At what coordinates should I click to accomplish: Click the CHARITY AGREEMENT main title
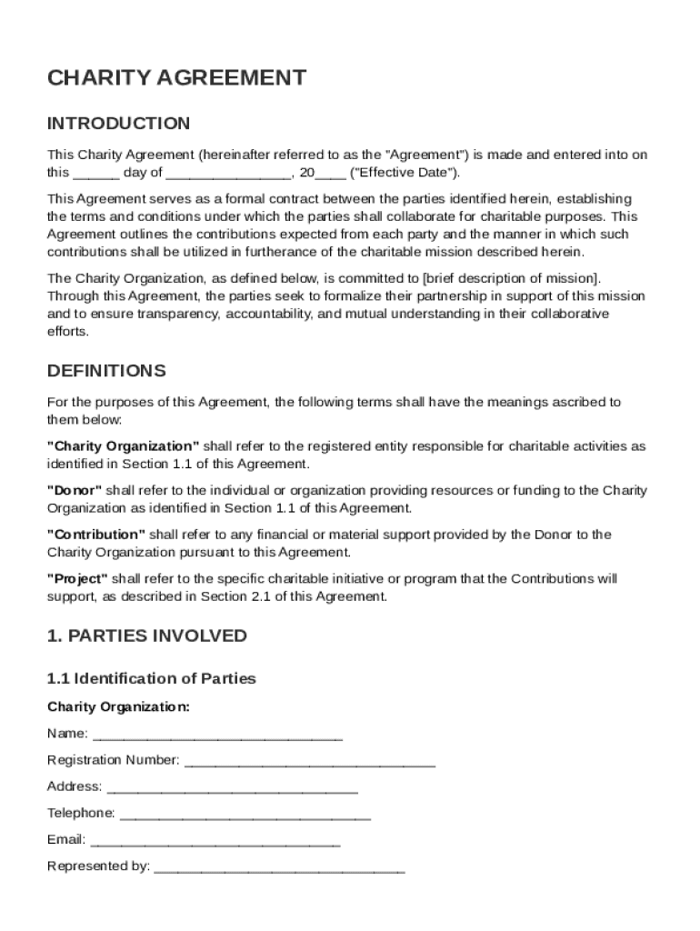[x=176, y=78]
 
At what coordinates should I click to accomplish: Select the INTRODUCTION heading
[x=118, y=123]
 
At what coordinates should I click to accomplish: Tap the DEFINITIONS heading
[x=106, y=371]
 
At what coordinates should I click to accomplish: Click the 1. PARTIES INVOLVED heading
[x=146, y=636]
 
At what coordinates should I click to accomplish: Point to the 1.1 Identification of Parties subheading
[x=151, y=678]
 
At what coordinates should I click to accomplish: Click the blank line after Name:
[x=217, y=735]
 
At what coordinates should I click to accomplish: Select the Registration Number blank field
[x=309, y=761]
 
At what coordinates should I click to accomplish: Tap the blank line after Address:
[x=232, y=787]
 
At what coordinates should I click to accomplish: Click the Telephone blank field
[x=245, y=814]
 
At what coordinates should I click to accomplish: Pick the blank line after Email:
[x=215, y=840]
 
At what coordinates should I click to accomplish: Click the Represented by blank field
[x=279, y=866]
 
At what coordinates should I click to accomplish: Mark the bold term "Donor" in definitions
[x=75, y=490]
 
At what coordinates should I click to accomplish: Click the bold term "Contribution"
[x=95, y=535]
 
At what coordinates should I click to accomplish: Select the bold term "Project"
[x=77, y=578]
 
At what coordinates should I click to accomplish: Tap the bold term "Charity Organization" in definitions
[x=123, y=446]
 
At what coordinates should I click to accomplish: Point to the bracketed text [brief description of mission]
[x=510, y=278]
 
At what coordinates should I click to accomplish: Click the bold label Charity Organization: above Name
[x=118, y=706]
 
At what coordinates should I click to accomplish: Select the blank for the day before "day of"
[x=95, y=174]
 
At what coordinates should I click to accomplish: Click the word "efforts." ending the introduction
[x=68, y=331]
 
